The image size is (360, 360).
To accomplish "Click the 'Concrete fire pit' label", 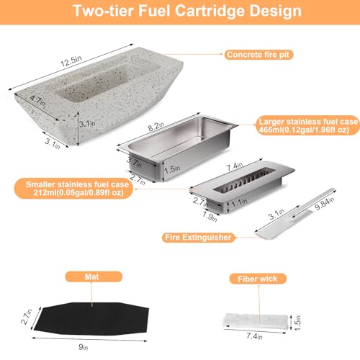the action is [x=258, y=55].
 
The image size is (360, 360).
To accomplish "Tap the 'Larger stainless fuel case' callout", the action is [x=307, y=125].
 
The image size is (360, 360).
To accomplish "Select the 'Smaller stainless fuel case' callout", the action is [x=74, y=189].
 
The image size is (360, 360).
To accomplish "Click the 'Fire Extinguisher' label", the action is [x=198, y=238].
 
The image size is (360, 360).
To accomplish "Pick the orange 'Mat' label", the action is [x=94, y=276].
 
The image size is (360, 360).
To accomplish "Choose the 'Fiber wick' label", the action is [x=258, y=279].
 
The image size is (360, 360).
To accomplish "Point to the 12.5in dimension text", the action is [x=71, y=61].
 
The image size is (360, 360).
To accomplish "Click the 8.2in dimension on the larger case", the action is [x=156, y=126].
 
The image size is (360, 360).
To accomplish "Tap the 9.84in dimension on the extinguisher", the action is [x=325, y=204].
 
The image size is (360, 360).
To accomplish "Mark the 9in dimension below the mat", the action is [x=84, y=347].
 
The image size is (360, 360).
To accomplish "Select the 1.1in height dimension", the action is [x=239, y=202].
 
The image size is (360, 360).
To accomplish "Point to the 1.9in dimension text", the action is [x=210, y=217].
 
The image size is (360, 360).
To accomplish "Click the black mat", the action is [x=91, y=318].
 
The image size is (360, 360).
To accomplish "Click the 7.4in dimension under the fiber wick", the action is [x=254, y=336].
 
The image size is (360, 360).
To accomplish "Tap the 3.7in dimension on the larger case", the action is [x=135, y=162].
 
